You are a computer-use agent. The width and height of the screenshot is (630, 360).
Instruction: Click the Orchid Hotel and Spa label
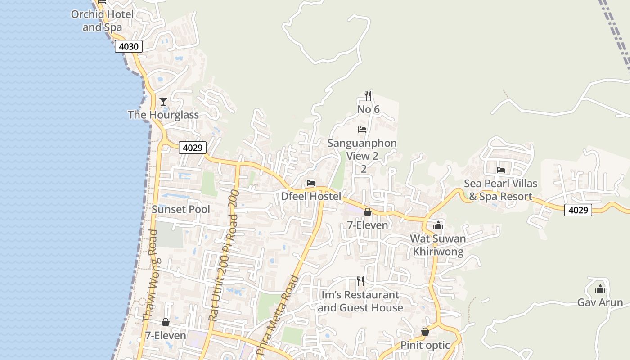tap(102, 21)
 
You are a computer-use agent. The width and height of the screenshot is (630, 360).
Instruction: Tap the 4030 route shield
tap(129, 46)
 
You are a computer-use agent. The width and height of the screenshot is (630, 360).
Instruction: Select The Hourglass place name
tap(163, 115)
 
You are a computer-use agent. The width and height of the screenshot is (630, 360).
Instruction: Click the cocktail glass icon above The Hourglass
tap(163, 102)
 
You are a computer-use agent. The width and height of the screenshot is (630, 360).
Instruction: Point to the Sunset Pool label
tap(181, 209)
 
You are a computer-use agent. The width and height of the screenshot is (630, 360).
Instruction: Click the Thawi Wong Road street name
tap(150, 275)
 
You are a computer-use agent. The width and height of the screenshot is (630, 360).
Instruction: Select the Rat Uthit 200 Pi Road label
tap(223, 261)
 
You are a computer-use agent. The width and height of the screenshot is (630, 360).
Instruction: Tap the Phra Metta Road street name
tap(277, 315)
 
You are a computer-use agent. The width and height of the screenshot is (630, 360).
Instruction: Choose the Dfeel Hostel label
tap(311, 196)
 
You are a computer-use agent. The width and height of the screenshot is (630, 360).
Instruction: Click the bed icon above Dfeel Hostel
tap(311, 183)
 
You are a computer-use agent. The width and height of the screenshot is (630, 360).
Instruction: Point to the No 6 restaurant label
tap(368, 109)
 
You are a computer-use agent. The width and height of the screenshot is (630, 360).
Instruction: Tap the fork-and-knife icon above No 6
tap(368, 95)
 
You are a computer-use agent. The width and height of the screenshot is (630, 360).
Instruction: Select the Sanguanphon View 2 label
tap(362, 150)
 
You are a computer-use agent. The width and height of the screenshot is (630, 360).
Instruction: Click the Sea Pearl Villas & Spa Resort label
tap(500, 190)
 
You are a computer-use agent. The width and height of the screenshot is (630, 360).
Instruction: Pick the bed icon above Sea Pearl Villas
tap(500, 170)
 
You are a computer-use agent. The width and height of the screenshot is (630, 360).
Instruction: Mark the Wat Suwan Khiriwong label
tap(438, 245)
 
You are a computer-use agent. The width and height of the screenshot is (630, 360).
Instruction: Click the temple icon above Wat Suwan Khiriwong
tap(438, 226)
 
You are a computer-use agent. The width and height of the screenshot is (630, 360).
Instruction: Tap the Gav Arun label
tap(600, 302)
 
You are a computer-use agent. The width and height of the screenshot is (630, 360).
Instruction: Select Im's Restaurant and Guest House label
tap(360, 301)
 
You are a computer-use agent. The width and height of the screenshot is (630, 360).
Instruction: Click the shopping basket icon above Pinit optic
tap(425, 332)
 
